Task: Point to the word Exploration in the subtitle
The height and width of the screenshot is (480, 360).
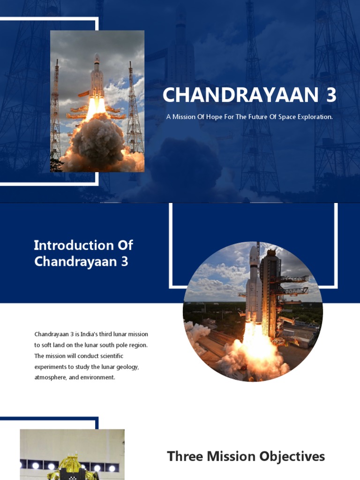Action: pyautogui.click(x=315, y=117)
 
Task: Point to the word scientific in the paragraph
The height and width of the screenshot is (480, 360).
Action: pyautogui.click(x=110, y=356)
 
